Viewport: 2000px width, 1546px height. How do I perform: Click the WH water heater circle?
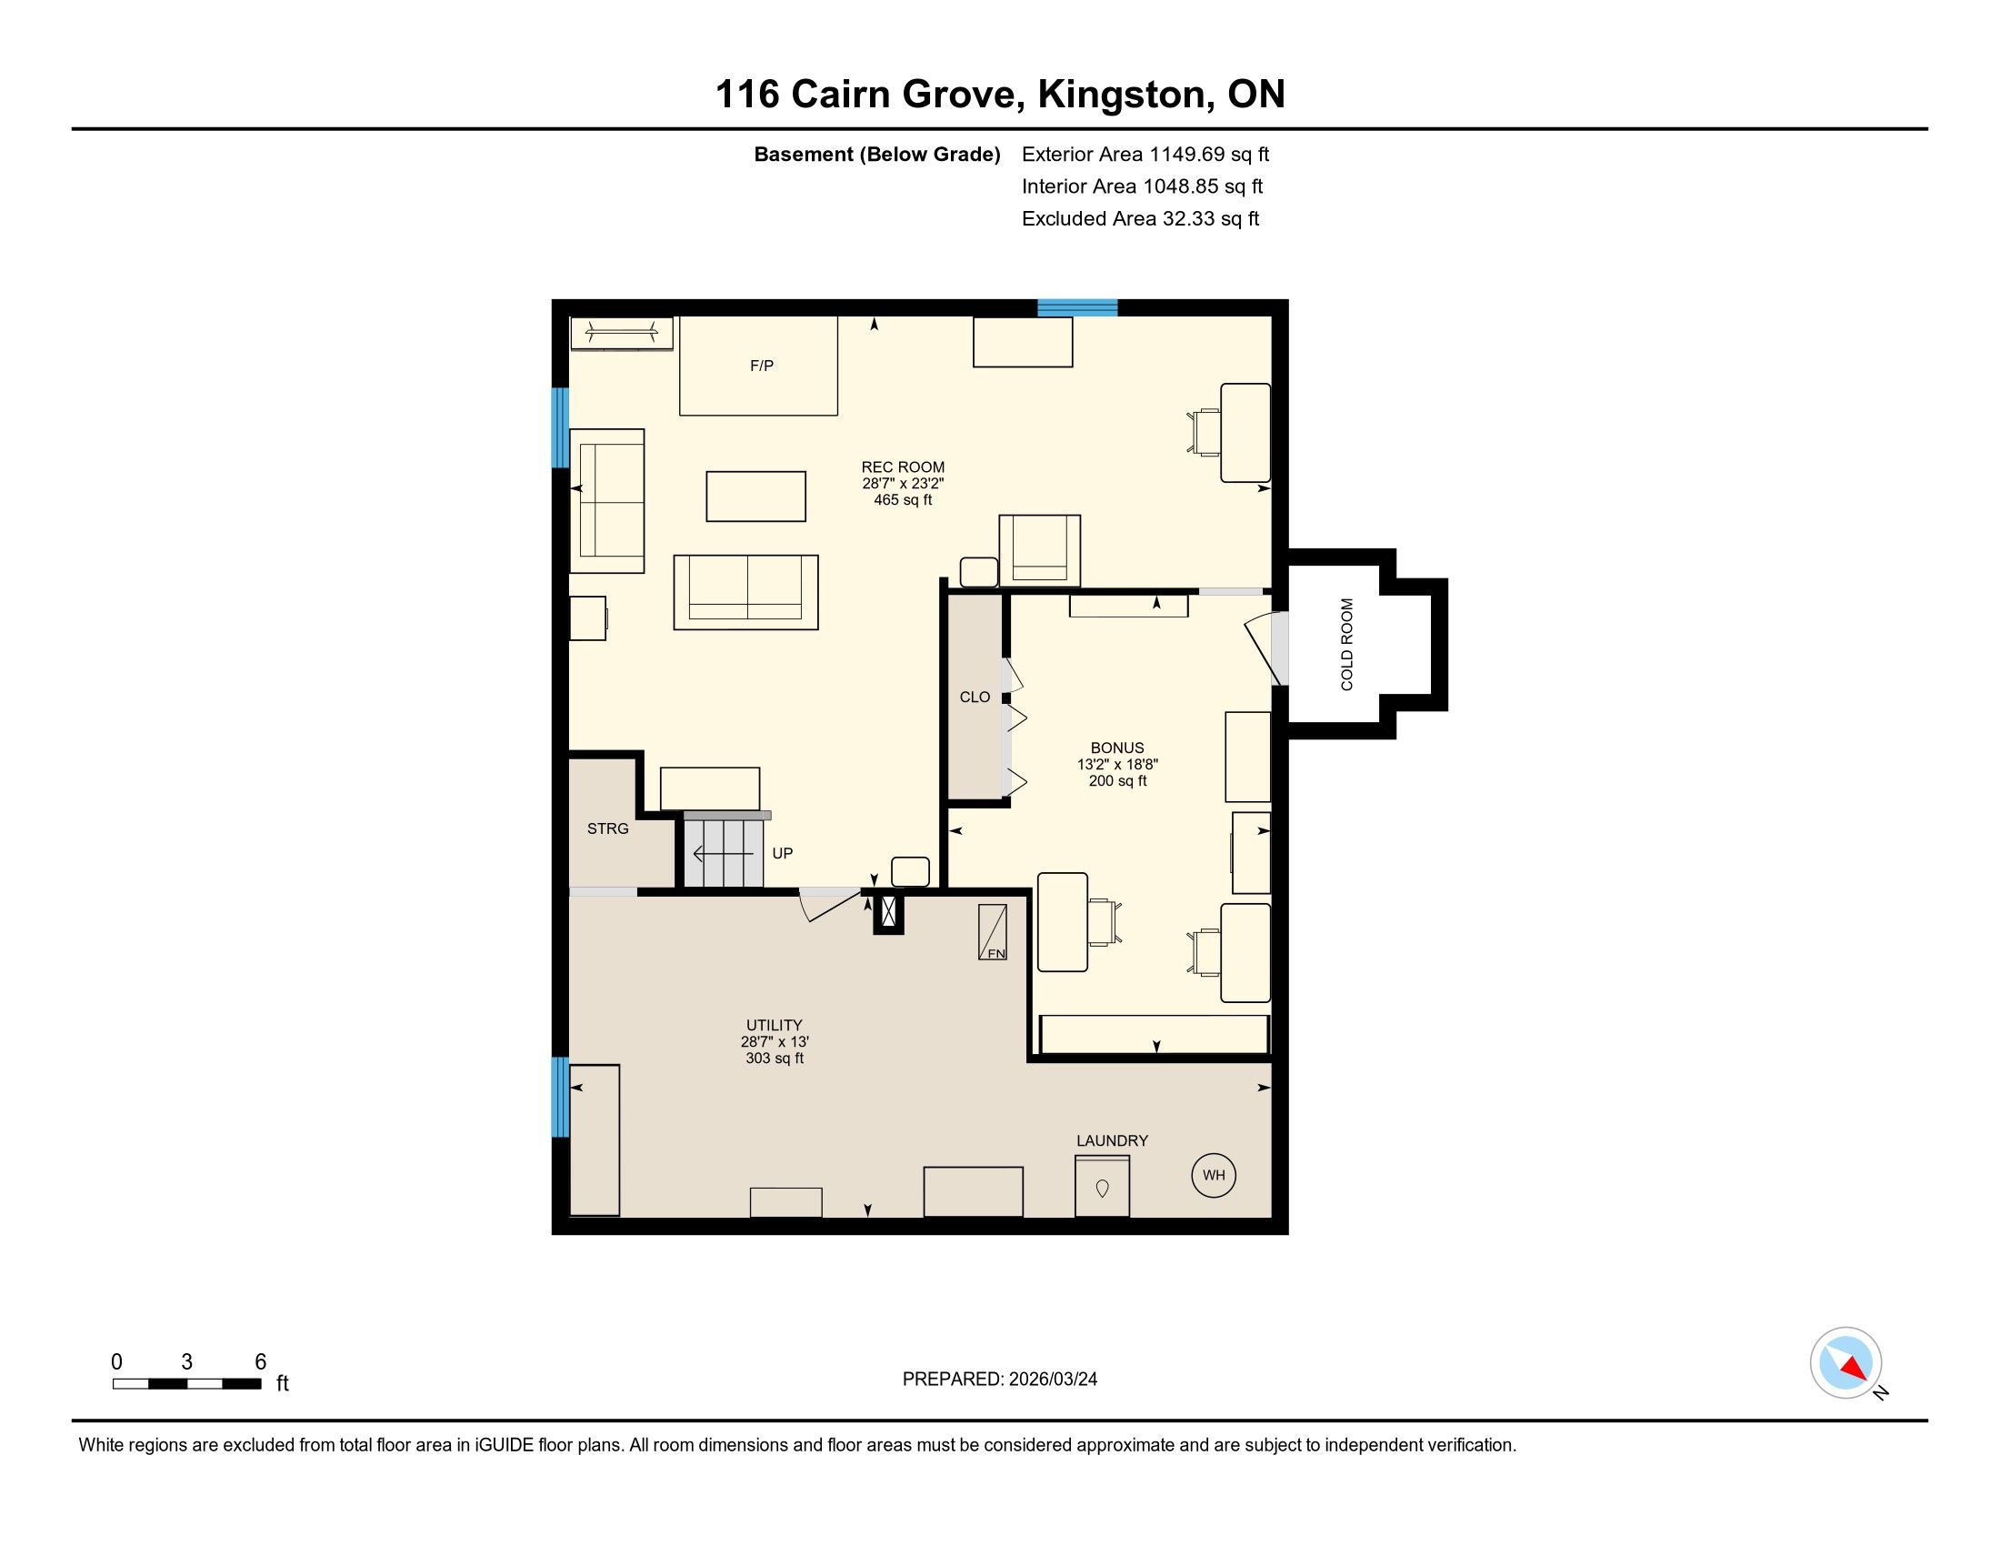[x=1214, y=1175]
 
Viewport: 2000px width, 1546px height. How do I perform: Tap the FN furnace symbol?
[x=993, y=932]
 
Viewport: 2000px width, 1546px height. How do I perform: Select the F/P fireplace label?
[x=762, y=366]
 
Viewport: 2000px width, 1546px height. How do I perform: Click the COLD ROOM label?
[x=1347, y=644]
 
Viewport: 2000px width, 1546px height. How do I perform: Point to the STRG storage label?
[x=608, y=828]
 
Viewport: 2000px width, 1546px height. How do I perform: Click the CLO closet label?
[x=975, y=697]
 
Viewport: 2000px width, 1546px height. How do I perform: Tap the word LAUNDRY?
[x=1112, y=1140]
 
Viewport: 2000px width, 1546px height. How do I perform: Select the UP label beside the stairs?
[x=782, y=853]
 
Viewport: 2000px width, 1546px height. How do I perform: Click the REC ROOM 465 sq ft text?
[x=903, y=500]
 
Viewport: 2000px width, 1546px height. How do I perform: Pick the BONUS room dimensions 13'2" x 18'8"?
[x=1117, y=764]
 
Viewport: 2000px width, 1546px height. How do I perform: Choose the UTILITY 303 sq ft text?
[x=775, y=1058]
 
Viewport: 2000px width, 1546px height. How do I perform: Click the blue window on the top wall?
[x=1077, y=307]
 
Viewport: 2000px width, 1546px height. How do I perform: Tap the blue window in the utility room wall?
[x=559, y=1098]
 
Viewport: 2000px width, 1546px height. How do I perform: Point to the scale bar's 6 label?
[x=260, y=1362]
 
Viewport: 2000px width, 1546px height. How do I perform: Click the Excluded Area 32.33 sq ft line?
[x=1140, y=219]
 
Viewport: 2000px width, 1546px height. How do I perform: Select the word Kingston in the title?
[x=1123, y=95]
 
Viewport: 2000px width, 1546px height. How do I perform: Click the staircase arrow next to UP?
[x=723, y=855]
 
